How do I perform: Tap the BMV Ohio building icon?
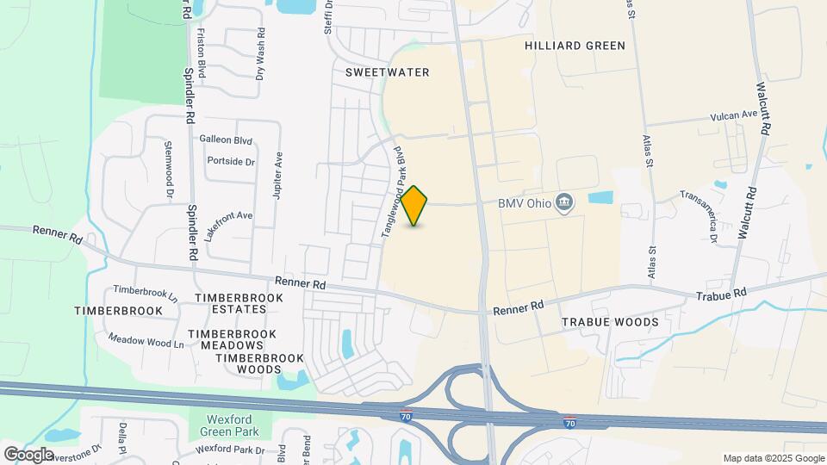(564, 203)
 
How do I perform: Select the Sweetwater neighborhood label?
(387, 72)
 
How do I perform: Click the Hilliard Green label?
(575, 46)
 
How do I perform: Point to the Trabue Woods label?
(610, 322)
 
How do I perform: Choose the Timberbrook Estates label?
(239, 303)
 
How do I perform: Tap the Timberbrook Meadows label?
(233, 339)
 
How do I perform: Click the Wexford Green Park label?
(231, 424)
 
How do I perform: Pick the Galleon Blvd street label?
(226, 139)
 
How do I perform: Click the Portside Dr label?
(231, 161)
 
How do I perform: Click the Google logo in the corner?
(28, 454)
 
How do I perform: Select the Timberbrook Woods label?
(248, 363)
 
